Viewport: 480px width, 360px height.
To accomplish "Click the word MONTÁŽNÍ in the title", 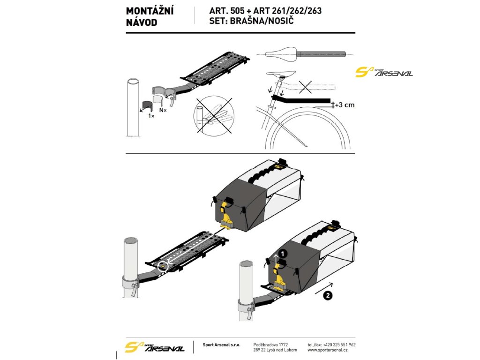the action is point(150,11).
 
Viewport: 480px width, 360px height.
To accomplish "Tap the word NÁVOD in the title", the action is point(142,22).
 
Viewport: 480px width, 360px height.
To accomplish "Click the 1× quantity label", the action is point(151,115).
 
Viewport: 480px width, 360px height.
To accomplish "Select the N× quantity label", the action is point(163,110).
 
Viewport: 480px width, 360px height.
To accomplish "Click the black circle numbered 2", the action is point(328,295).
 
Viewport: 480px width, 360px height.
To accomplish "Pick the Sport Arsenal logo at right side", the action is point(384,72).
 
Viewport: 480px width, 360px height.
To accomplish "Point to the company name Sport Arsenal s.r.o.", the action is point(221,345).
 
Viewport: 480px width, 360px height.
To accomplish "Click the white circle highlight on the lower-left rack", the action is point(163,265).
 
